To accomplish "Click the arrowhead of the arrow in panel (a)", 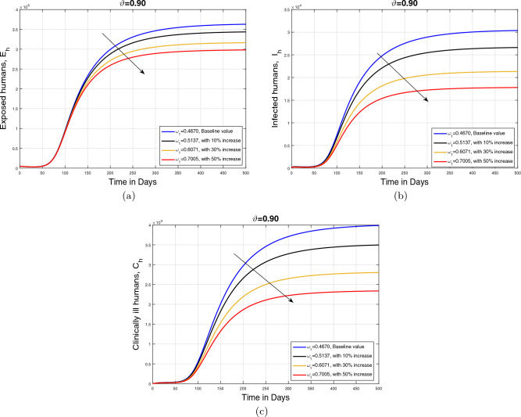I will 144,73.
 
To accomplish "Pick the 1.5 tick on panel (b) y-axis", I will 286,100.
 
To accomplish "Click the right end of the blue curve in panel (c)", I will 401,225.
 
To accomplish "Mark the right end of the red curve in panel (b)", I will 517,88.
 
